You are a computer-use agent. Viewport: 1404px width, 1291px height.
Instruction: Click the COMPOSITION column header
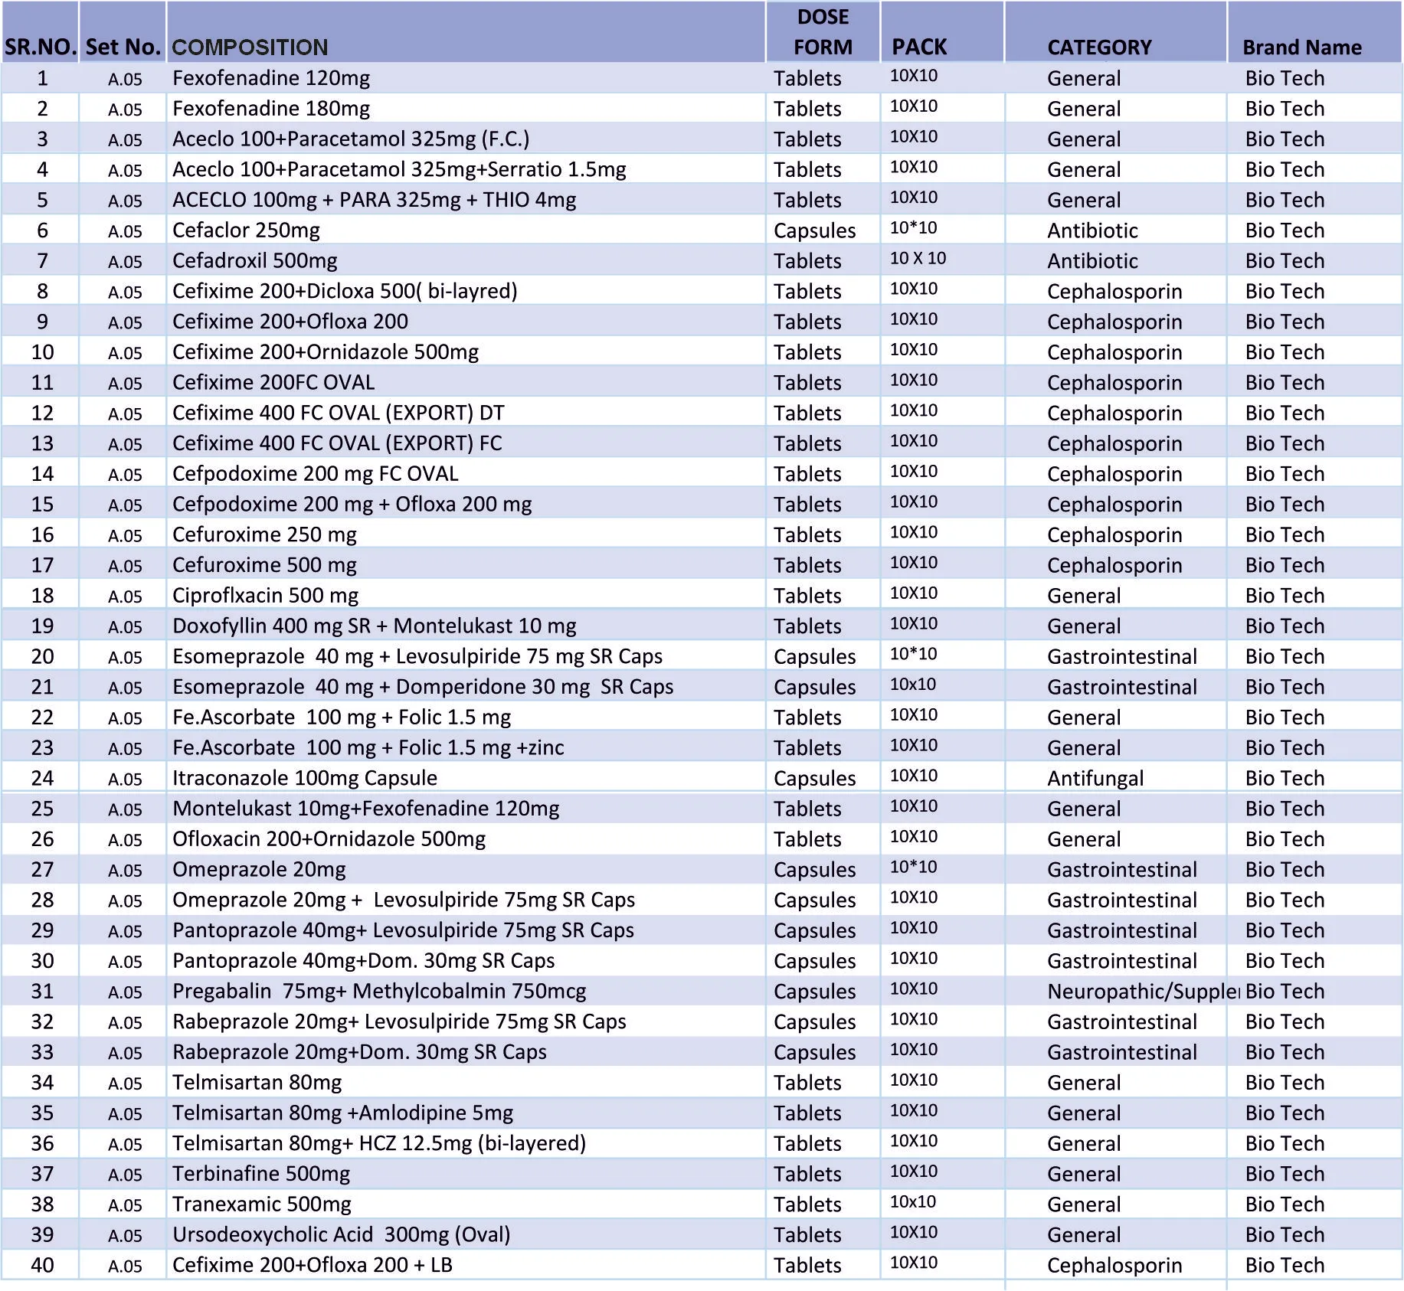click(250, 47)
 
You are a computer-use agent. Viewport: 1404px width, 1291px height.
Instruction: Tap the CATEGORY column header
click(1099, 47)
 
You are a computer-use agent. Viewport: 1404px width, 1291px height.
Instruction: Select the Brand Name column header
click(1301, 47)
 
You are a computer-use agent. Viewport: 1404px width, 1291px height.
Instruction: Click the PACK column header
click(918, 47)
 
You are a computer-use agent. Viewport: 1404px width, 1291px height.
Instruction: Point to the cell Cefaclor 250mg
click(246, 230)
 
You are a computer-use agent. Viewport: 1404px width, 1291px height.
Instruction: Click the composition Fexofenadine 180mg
click(270, 109)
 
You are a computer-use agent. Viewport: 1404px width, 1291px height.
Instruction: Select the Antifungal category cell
click(1095, 778)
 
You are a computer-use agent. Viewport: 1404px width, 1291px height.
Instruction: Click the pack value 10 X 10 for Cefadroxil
click(918, 259)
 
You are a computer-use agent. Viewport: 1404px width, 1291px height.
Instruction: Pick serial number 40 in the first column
click(42, 1265)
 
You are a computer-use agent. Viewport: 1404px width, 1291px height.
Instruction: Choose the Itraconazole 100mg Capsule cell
click(304, 778)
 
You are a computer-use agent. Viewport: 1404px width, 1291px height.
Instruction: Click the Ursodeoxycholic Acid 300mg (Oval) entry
click(341, 1234)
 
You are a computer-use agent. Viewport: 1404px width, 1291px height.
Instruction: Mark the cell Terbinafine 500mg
click(260, 1174)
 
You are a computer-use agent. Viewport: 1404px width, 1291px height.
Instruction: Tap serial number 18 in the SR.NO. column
click(42, 596)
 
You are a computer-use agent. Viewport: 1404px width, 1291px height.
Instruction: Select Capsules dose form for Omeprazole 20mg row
click(814, 870)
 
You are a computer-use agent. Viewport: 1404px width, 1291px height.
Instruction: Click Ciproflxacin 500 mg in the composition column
click(265, 596)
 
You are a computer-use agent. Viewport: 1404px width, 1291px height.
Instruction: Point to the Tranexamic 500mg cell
click(261, 1204)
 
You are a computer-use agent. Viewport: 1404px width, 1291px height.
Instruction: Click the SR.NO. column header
click(40, 47)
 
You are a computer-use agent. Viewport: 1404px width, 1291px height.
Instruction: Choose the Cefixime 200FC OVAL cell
click(273, 383)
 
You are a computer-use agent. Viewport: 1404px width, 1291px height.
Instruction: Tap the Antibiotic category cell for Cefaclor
click(1092, 230)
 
